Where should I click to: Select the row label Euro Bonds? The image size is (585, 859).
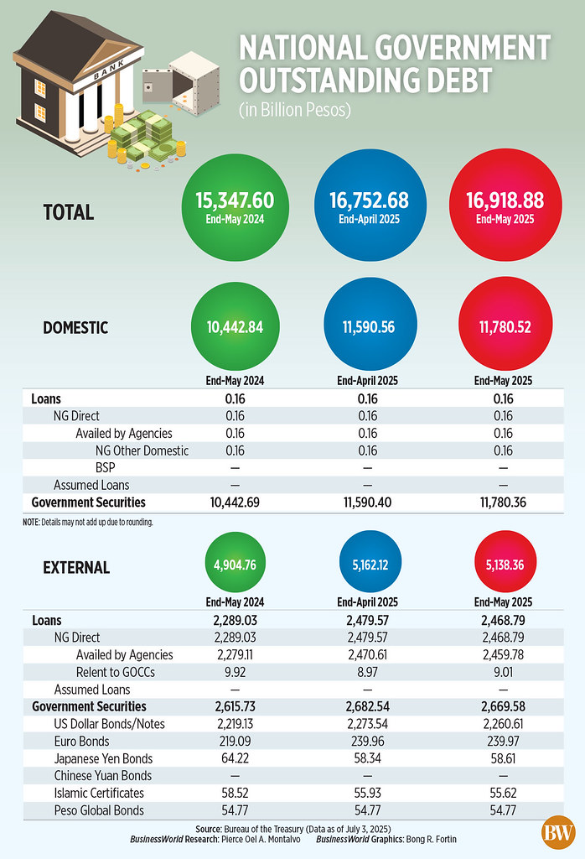click(81, 742)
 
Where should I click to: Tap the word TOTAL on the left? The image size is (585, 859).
click(68, 212)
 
